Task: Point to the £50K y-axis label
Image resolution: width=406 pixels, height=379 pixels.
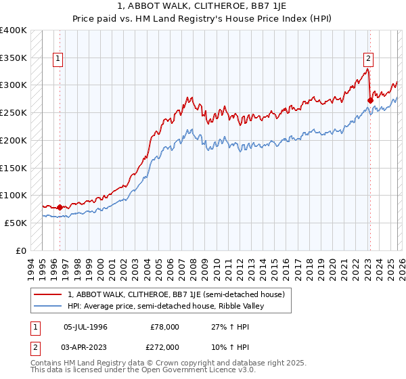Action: pyautogui.click(x=16, y=223)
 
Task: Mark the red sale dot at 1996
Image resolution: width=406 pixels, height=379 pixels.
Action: pyautogui.click(x=60, y=207)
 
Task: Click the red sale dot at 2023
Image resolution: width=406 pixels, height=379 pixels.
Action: pyautogui.click(x=370, y=101)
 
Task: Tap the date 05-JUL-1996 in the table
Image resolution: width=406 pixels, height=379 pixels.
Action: pyautogui.click(x=85, y=327)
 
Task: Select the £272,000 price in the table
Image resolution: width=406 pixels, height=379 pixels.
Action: pyautogui.click(x=165, y=347)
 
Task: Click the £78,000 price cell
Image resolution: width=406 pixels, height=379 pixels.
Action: pyautogui.click(x=165, y=327)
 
